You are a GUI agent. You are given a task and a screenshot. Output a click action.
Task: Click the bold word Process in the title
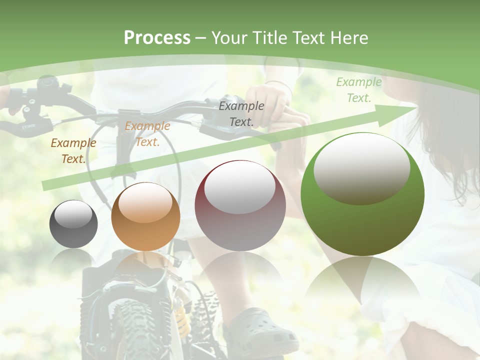tap(157, 38)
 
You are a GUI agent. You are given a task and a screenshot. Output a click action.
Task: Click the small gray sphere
tap(73, 223)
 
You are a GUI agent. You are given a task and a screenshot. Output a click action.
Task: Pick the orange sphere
tap(145, 216)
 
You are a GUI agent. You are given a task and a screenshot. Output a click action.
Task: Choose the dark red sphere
tap(240, 205)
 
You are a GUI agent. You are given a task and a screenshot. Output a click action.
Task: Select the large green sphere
tap(362, 194)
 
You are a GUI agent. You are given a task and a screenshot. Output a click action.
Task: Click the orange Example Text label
tap(147, 134)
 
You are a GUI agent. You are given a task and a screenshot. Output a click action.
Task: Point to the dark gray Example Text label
tap(241, 114)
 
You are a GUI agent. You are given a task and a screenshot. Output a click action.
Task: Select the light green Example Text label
tap(359, 90)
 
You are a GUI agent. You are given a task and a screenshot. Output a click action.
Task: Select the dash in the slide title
tap(201, 38)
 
